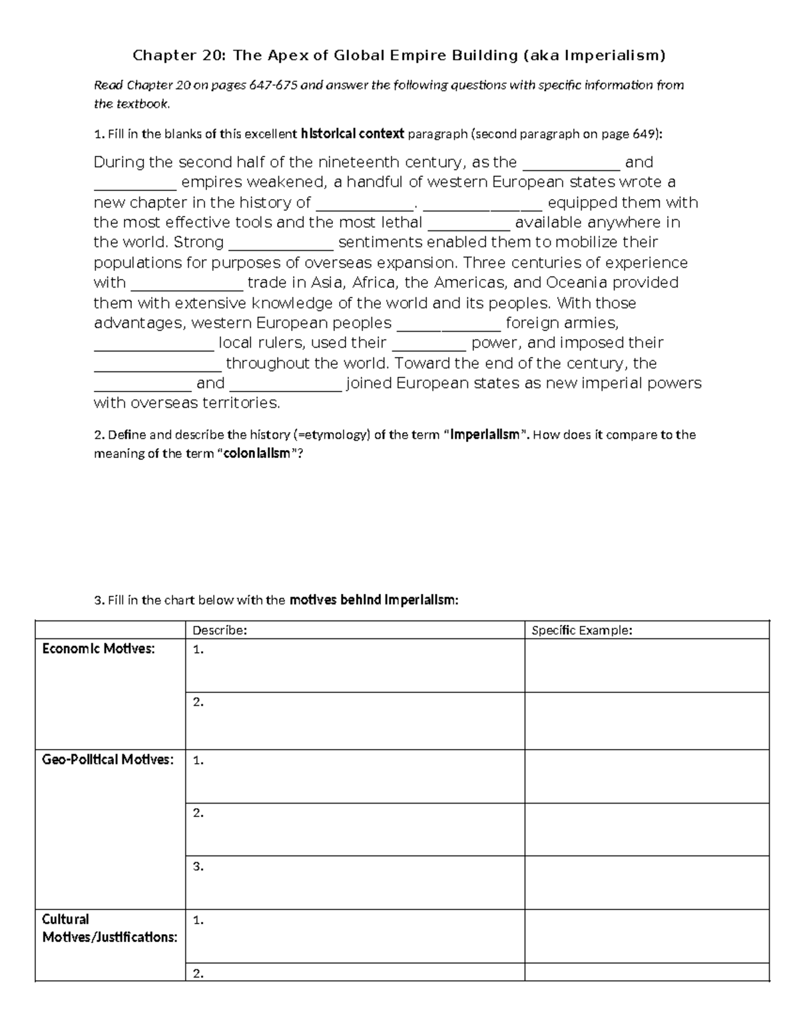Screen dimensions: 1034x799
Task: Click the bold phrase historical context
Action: tap(352, 134)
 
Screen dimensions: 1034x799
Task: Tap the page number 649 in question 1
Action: tap(644, 134)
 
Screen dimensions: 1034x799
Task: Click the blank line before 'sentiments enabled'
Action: tap(280, 242)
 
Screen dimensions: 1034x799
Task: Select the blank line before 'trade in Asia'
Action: tap(187, 283)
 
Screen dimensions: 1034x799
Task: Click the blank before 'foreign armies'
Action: tap(448, 324)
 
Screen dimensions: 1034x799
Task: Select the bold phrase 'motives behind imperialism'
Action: tap(374, 600)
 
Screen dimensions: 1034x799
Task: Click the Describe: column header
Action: tap(219, 631)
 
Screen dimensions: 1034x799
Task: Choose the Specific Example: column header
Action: tap(581, 631)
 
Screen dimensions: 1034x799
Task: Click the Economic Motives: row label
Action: tap(98, 649)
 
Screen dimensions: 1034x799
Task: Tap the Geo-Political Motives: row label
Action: tap(108, 760)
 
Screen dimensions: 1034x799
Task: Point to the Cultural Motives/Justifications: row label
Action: tap(109, 928)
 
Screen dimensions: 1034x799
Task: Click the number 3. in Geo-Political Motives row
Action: tap(198, 867)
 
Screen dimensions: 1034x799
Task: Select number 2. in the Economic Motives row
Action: tap(198, 702)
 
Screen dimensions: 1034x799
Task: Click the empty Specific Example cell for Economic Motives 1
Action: tap(646, 666)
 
